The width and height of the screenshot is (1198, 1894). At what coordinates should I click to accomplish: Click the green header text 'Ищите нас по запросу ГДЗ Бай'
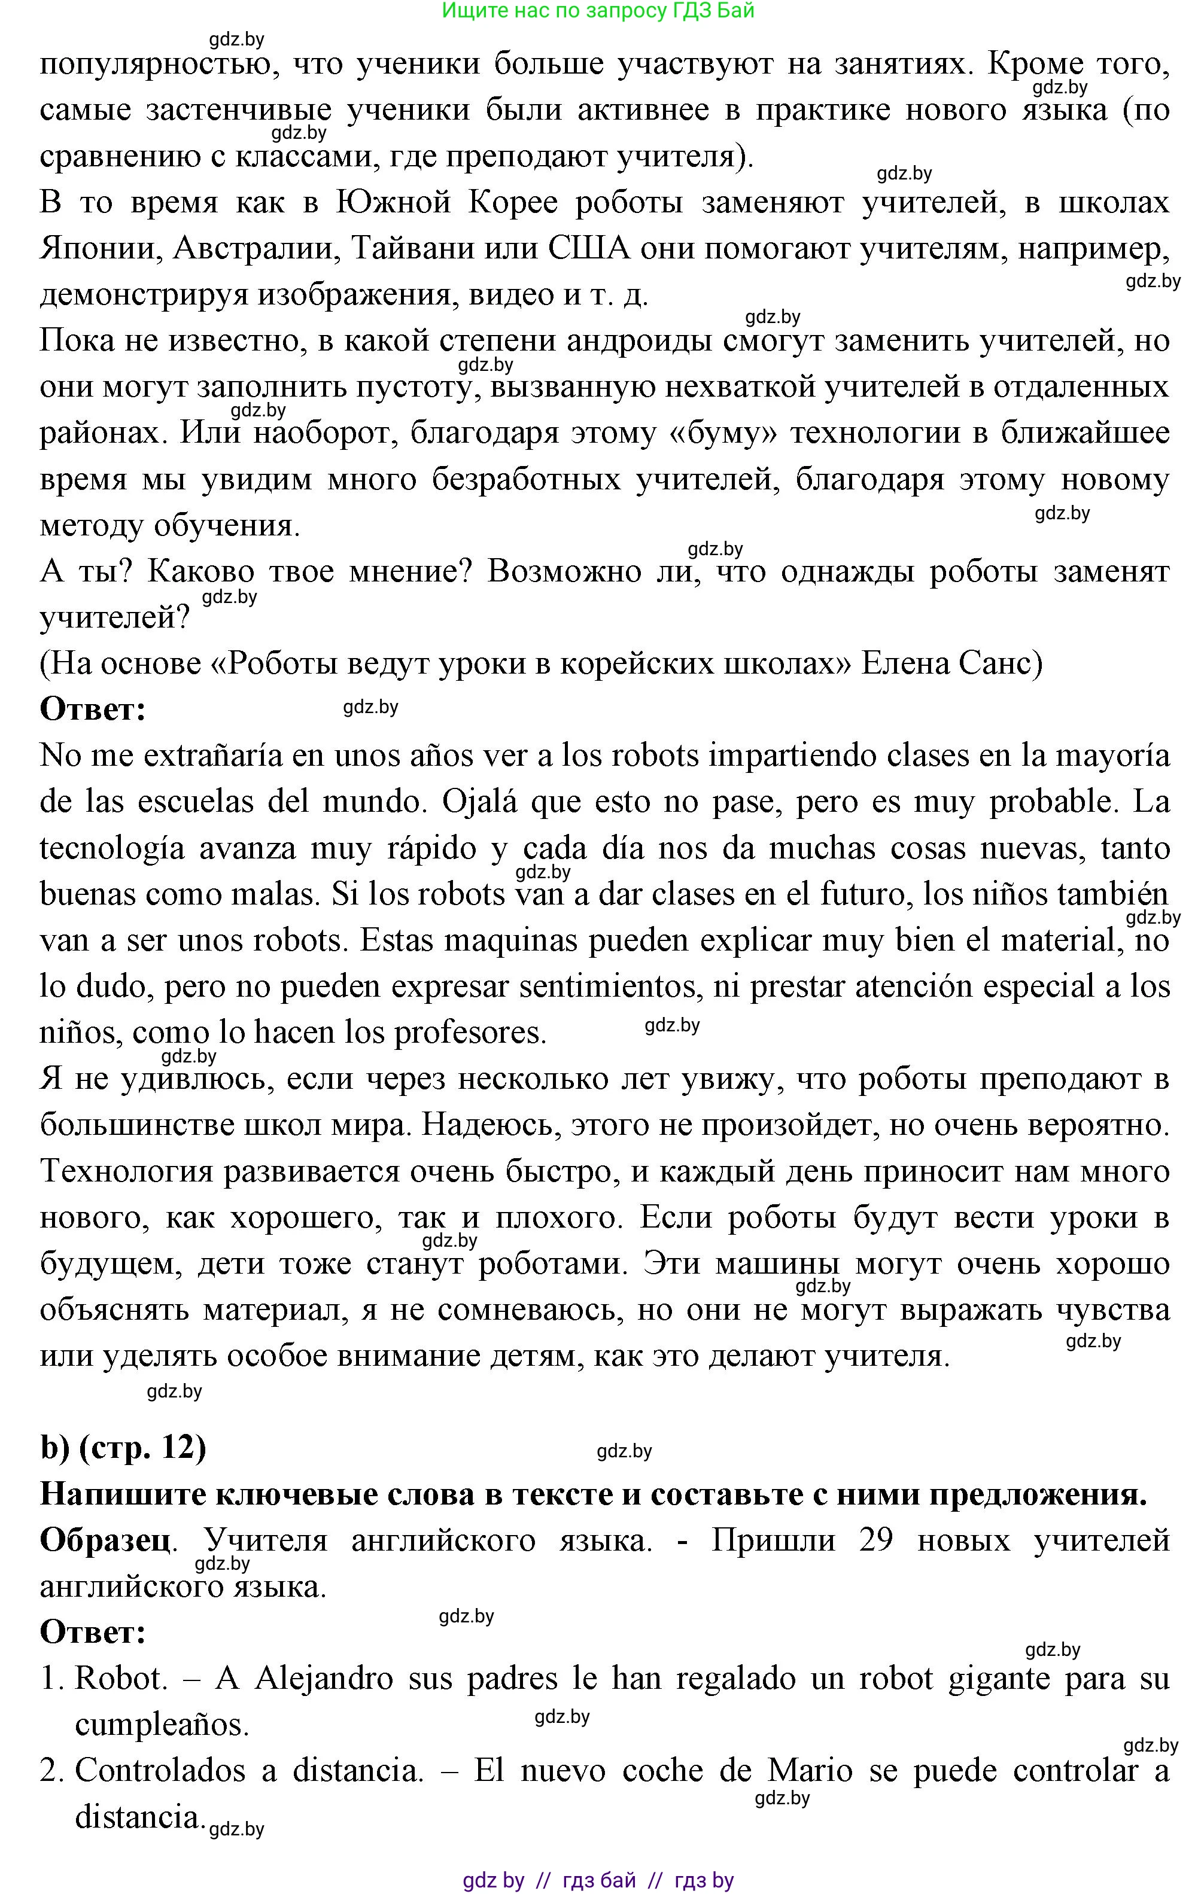[598, 11]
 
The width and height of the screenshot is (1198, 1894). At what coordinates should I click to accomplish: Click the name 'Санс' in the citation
[1001, 663]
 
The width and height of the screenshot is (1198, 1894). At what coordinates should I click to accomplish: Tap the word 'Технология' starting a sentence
[126, 1172]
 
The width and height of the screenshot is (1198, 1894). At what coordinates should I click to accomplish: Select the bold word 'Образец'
[105, 1540]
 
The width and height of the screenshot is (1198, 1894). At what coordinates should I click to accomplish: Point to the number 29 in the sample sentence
[875, 1540]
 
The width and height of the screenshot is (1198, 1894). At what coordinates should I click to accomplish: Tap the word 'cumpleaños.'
[162, 1725]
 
